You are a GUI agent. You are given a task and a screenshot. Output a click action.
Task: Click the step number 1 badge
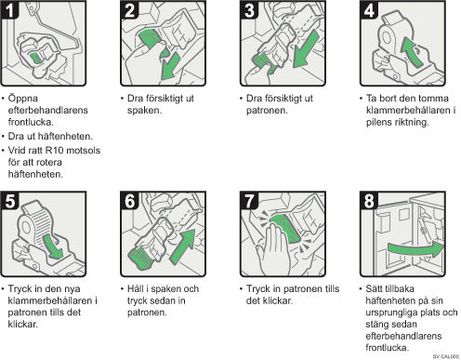click(x=9, y=10)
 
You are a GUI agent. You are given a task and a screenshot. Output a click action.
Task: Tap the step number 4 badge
click(x=369, y=10)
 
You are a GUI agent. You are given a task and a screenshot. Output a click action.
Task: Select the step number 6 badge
click(x=129, y=201)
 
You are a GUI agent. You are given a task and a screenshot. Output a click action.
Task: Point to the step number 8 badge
click(x=369, y=201)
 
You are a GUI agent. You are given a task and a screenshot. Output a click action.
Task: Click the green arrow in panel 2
click(x=170, y=67)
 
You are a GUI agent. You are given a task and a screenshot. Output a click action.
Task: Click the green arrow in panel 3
click(x=306, y=48)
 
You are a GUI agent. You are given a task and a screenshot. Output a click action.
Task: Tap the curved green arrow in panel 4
click(x=411, y=51)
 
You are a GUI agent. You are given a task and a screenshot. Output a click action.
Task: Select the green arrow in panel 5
click(x=52, y=247)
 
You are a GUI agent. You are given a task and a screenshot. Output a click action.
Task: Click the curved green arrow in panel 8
click(x=415, y=249)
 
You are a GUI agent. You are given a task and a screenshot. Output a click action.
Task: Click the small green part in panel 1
click(x=36, y=58)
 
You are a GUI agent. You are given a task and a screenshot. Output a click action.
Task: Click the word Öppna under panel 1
click(x=23, y=99)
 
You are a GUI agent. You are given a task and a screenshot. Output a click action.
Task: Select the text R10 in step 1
click(x=54, y=151)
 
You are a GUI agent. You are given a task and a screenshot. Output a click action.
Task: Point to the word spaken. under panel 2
click(x=144, y=111)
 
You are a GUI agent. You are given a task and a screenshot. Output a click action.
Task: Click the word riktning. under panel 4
click(x=412, y=122)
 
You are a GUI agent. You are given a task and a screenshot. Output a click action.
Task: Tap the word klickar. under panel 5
click(x=23, y=325)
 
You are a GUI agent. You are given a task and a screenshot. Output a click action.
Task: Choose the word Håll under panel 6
click(x=136, y=288)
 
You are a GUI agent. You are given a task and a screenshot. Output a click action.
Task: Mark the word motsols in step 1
click(x=84, y=151)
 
